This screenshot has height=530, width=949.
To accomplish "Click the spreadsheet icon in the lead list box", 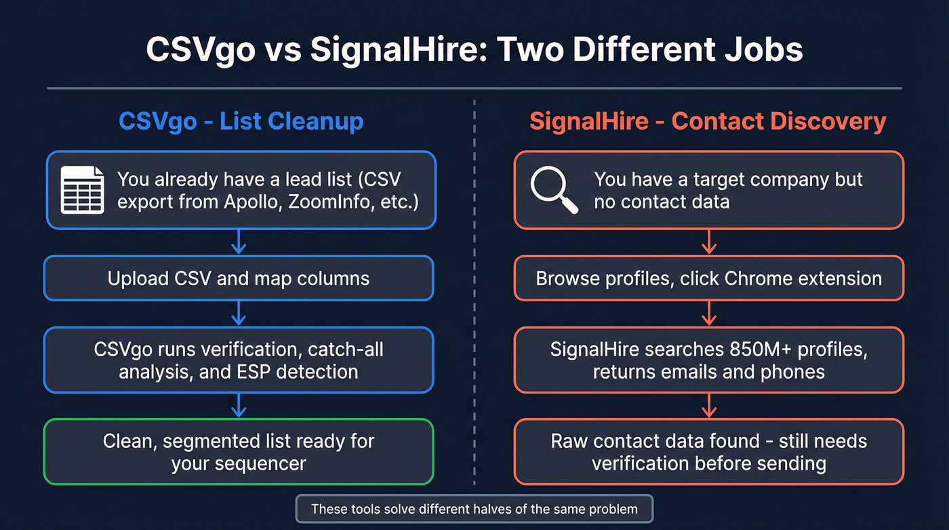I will pos(83,190).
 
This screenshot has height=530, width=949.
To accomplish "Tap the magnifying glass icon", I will pos(554,190).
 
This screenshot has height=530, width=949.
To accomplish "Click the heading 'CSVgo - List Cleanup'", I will pos(241,121).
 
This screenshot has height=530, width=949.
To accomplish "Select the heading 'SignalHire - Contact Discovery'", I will pos(708,121).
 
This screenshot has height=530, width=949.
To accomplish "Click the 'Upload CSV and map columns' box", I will pos(239,278).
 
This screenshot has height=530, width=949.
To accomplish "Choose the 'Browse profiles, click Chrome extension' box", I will pos(708,278).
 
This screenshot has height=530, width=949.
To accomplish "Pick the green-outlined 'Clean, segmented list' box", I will pos(239,452).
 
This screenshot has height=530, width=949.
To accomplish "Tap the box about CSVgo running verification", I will pos(239,360).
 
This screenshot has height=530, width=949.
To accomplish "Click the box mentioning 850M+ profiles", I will pos(708,360).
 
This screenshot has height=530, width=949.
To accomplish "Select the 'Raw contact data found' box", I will pos(708,452).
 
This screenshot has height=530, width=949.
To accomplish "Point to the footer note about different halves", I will pos(474,509).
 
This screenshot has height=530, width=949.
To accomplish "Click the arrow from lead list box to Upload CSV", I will pos(239,242).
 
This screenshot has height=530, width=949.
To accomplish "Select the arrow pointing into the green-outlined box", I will pos(239,406).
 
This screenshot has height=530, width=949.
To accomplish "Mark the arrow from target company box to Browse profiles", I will pos(708,242).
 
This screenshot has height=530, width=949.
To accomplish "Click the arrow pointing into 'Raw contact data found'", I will pos(708,406).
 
